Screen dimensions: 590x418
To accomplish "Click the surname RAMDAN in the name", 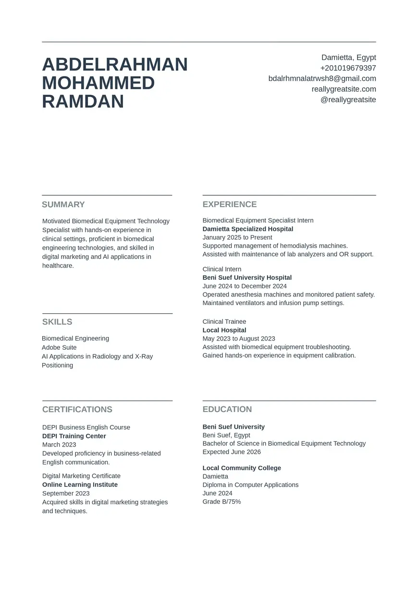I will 83,102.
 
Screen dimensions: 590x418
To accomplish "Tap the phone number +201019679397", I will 348,68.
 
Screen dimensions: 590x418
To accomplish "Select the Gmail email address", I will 322,79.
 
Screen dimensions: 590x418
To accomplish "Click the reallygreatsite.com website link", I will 344,89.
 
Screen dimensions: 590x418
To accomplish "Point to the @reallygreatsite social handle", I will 348,100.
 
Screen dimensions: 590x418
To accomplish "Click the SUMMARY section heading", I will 63,204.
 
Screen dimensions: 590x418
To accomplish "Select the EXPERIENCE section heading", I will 230,204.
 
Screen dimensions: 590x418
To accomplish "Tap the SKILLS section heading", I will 57,322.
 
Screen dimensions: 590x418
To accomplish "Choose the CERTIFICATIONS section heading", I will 77,409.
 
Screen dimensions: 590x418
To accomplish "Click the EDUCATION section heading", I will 227,409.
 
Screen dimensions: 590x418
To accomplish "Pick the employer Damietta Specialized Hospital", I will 248,229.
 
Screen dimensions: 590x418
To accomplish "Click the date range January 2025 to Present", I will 237,237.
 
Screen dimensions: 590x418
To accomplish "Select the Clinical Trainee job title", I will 224,321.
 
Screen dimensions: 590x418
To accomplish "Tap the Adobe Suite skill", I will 59,347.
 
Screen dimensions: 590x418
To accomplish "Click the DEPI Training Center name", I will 74,436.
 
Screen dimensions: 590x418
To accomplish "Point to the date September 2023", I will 66,493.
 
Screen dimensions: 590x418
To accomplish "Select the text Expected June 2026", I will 232,452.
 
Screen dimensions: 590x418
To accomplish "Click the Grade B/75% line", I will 221,502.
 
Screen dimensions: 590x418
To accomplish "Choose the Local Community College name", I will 242,468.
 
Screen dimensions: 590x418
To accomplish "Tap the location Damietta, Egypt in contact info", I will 348,58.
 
